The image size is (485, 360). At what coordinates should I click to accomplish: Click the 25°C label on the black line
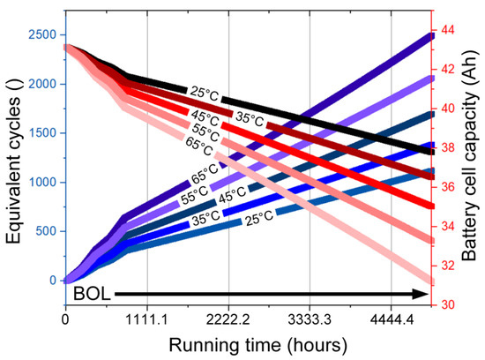[x=205, y=94]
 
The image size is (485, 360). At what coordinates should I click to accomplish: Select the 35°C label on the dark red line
[x=250, y=119]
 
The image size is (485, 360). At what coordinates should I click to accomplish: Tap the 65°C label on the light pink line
[x=199, y=146]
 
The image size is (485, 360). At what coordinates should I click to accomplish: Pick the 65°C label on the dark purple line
[x=205, y=175]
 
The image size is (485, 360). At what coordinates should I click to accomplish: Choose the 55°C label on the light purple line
[x=195, y=195]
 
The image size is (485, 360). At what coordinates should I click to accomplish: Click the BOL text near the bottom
[x=92, y=294]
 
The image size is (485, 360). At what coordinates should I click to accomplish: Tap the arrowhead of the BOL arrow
[x=421, y=294]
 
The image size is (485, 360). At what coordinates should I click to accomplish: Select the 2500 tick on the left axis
[x=42, y=34]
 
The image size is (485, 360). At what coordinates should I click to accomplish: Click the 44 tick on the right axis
[x=446, y=30]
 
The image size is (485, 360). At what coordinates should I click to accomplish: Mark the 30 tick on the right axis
[x=446, y=305]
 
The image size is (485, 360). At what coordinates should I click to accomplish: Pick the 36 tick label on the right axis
[x=446, y=187]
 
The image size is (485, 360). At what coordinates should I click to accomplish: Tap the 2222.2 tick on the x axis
[x=228, y=319]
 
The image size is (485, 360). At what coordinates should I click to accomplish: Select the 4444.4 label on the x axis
[x=392, y=319]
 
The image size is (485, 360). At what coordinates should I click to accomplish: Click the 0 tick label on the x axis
[x=65, y=319]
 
